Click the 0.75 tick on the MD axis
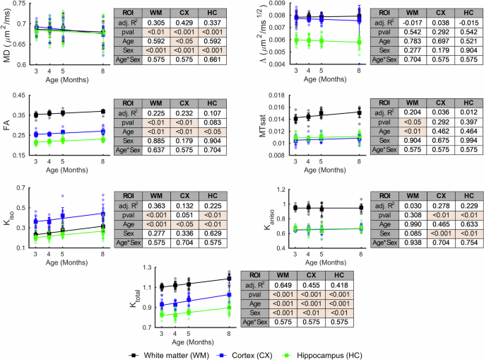(21, 4)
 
